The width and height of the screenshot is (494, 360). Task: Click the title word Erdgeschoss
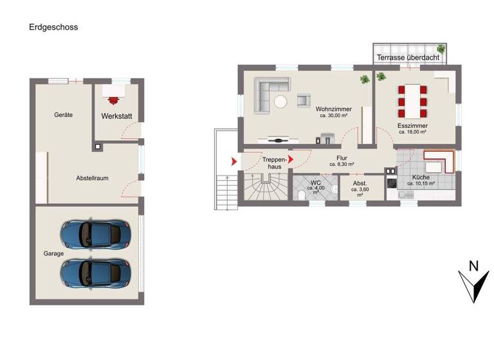[x=53, y=28]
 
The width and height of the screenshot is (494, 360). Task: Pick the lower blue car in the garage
[x=96, y=273]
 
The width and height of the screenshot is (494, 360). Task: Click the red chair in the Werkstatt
[x=114, y=100]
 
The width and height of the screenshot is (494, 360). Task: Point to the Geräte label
[x=63, y=114]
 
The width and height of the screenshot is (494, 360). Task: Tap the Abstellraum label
[x=92, y=178]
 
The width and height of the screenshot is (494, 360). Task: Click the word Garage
[x=54, y=254]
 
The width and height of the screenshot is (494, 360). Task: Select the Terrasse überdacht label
[x=408, y=58]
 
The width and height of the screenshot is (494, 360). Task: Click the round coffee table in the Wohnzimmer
[x=281, y=101]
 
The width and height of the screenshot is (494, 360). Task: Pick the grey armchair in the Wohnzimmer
[x=304, y=100]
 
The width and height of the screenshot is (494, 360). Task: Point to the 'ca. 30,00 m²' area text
[x=333, y=116]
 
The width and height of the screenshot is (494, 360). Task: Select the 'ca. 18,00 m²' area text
[x=412, y=132]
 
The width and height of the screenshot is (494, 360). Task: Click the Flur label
[x=342, y=157]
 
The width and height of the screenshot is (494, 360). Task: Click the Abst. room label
[x=360, y=183]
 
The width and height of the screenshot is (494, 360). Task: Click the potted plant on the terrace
[x=441, y=49]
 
